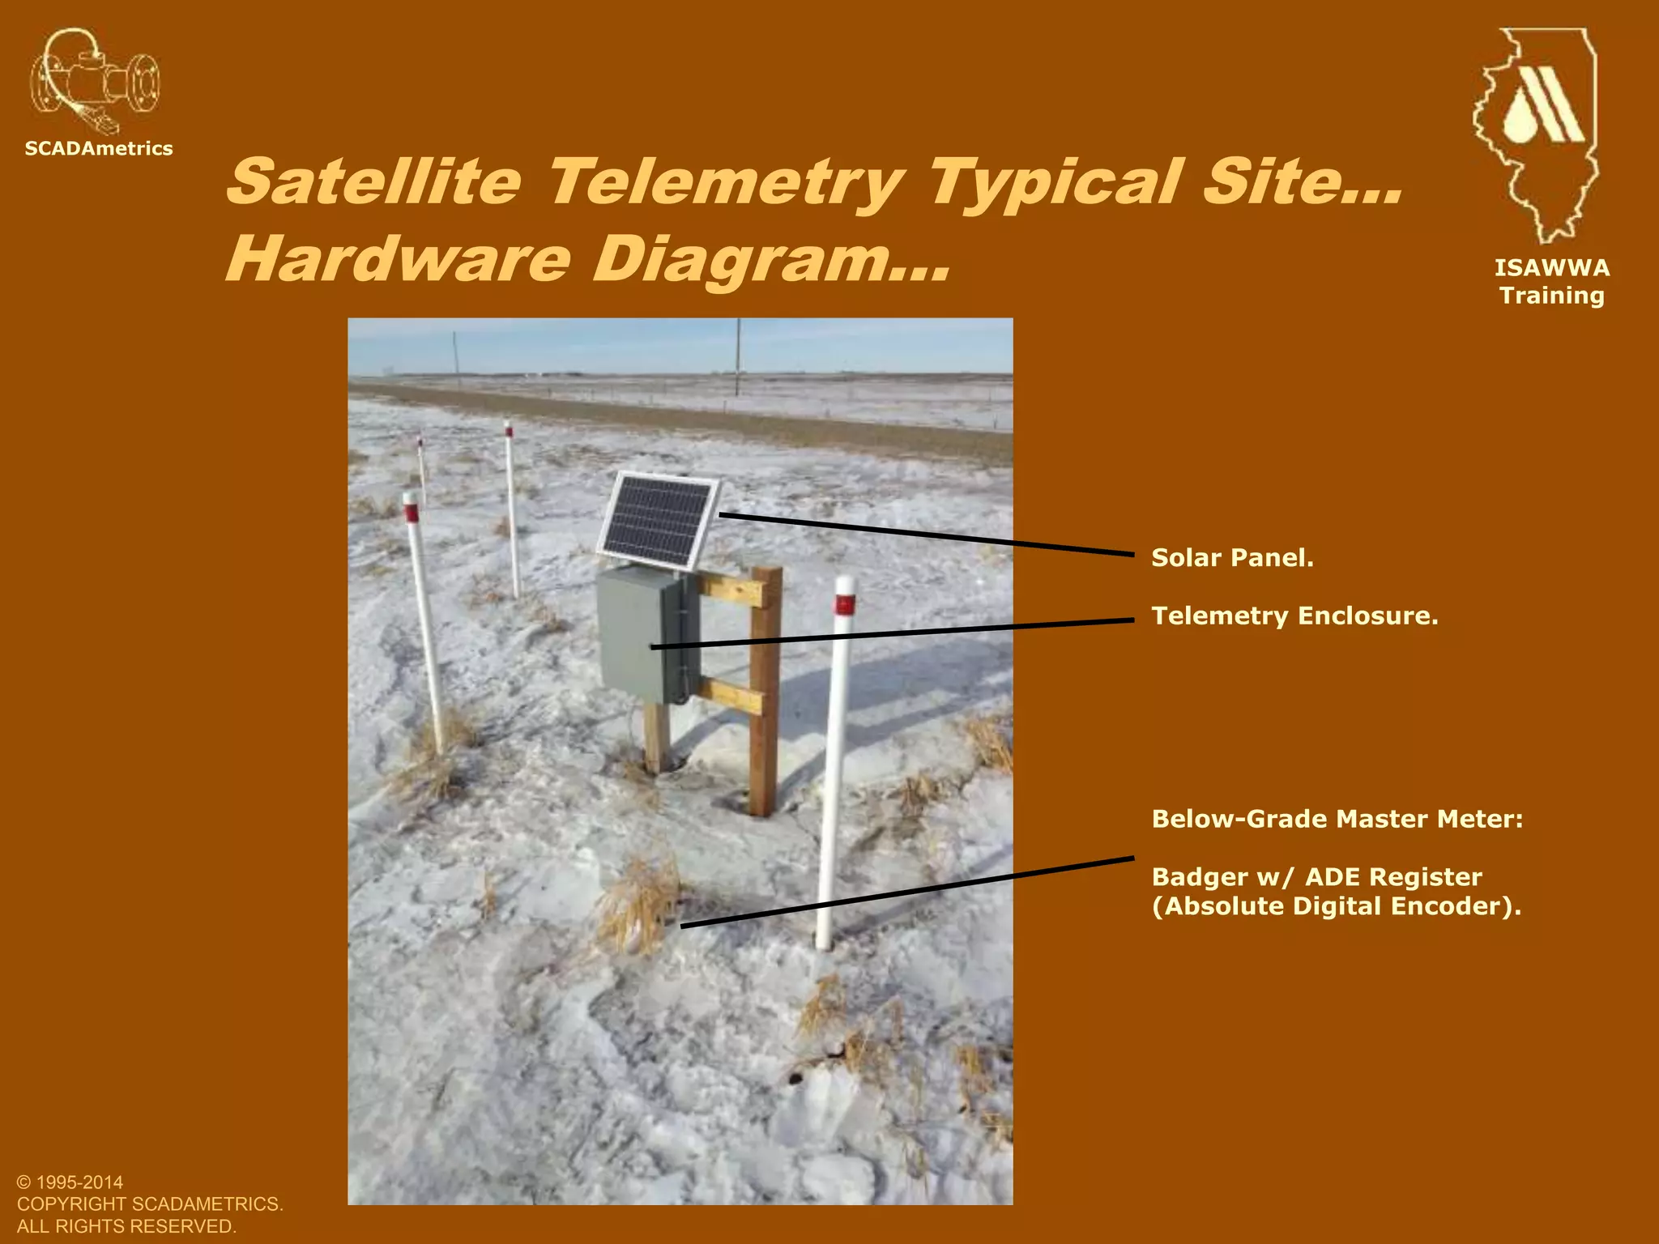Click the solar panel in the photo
click(x=658, y=521)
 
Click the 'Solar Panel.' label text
click(x=1232, y=558)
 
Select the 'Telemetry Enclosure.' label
click(x=1294, y=616)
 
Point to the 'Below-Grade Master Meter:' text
click(x=1337, y=819)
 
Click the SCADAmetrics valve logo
click(x=95, y=82)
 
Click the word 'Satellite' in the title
click(x=373, y=181)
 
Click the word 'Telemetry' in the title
click(x=725, y=181)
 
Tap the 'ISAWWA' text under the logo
click(x=1551, y=268)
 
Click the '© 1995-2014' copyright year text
click(x=70, y=1182)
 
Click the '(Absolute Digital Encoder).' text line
click(x=1336, y=906)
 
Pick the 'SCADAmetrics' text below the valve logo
click(x=99, y=149)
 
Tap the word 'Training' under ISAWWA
click(x=1551, y=296)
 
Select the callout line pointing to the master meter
click(x=907, y=892)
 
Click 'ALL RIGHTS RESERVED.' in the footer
click(x=126, y=1226)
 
